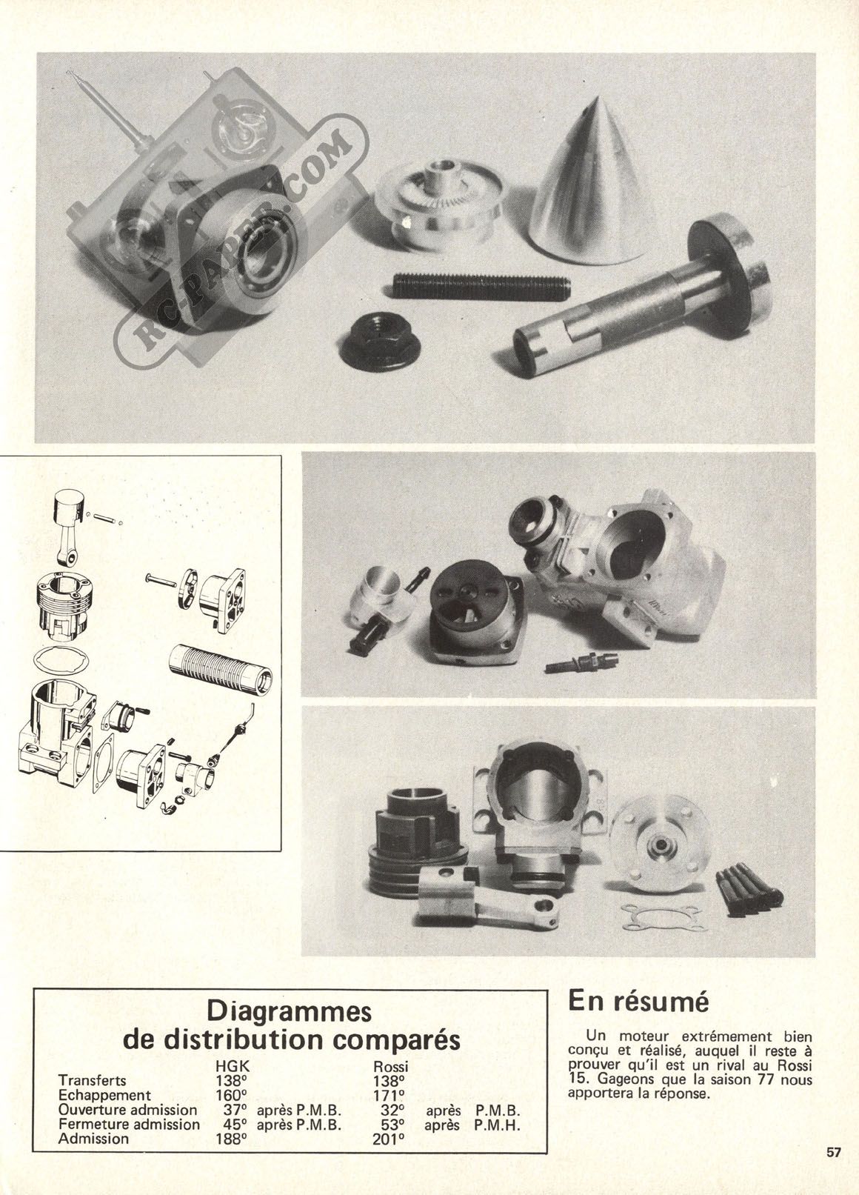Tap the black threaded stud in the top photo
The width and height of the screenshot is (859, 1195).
(481, 286)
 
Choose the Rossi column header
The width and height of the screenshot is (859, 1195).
(390, 1066)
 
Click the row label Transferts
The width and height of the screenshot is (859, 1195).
(93, 1081)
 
